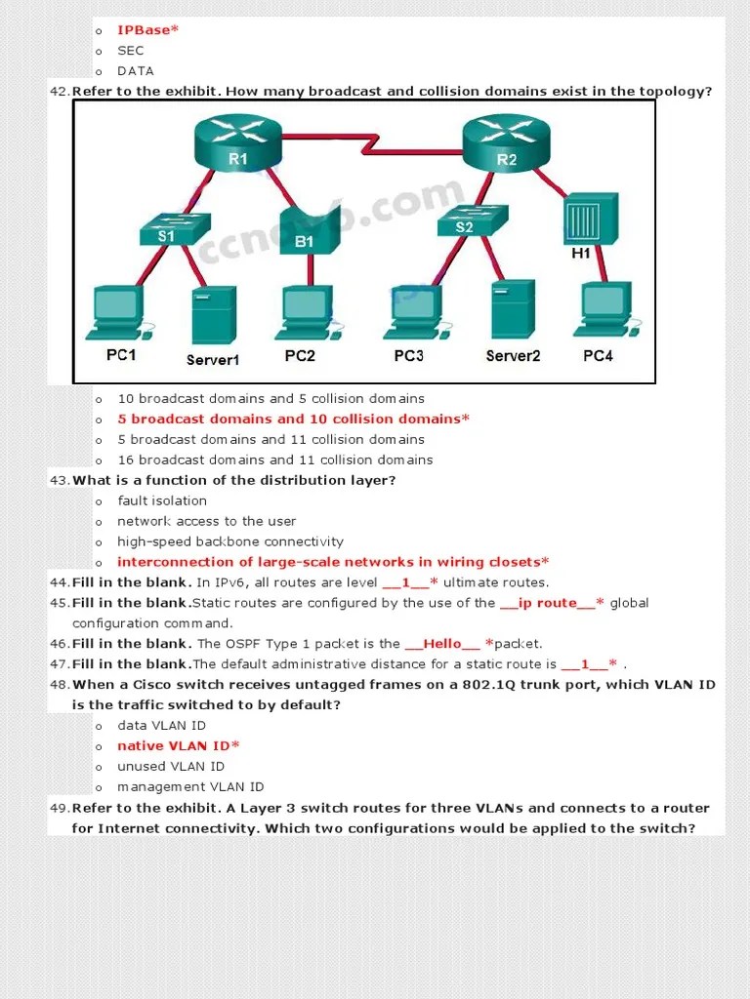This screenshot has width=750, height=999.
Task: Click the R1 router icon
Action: pos(238,142)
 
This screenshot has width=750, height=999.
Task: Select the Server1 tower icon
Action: pos(214,313)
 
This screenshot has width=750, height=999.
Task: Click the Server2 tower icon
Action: pos(513,308)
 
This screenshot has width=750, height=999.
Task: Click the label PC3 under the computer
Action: pos(408,356)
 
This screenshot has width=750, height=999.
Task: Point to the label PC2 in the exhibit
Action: pos(300,356)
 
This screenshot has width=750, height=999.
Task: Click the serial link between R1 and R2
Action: pos(372,146)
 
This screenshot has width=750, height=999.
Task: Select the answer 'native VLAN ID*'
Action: pos(179,746)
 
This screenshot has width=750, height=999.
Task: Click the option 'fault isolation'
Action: pos(162,501)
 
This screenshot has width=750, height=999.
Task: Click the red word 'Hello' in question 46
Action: pos(442,644)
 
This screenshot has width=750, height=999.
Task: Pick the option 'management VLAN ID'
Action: pos(190,787)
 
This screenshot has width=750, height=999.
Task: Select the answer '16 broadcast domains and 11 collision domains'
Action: pos(275,460)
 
